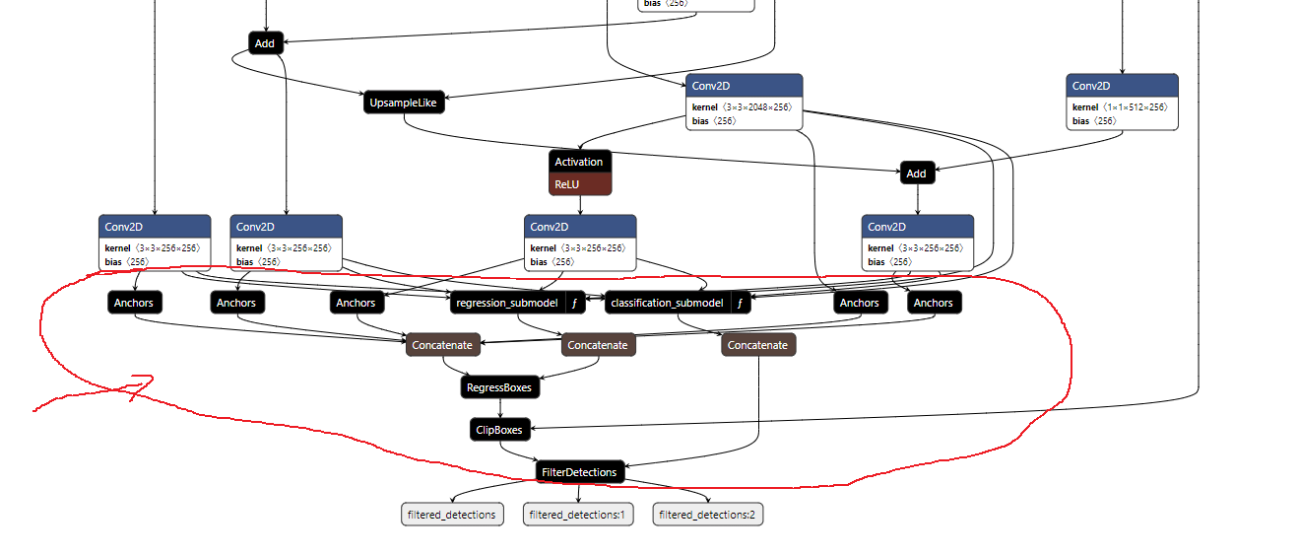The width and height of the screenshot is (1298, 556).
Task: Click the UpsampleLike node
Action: (x=404, y=103)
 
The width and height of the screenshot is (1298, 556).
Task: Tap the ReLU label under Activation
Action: (x=568, y=183)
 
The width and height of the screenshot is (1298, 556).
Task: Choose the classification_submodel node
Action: (x=667, y=303)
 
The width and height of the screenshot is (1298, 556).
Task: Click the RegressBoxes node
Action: (x=499, y=387)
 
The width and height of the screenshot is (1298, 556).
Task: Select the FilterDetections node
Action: (x=580, y=472)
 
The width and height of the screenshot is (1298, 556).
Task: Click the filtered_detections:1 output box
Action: (x=578, y=515)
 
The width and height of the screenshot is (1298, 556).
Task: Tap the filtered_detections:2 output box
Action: (x=707, y=515)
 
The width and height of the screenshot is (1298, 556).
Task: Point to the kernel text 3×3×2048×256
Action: (x=759, y=106)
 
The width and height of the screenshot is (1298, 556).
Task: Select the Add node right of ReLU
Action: (x=916, y=174)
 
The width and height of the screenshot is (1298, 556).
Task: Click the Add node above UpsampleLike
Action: (x=265, y=43)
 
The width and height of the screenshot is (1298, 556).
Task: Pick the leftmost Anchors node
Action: (x=133, y=303)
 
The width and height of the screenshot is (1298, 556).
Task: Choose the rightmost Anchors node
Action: (x=933, y=303)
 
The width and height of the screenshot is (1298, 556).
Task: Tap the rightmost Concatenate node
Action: (x=758, y=345)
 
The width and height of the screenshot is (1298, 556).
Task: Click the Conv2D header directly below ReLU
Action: (x=580, y=227)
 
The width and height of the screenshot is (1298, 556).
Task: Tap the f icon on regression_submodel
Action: (x=574, y=303)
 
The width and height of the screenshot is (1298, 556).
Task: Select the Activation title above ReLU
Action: (x=579, y=162)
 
